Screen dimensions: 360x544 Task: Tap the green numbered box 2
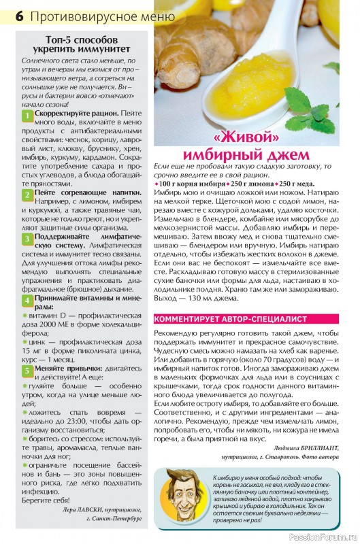pyautogui.click(x=27, y=194)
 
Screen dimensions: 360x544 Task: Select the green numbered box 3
pyautogui.click(x=27, y=239)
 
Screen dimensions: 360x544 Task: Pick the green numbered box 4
pyautogui.click(x=27, y=300)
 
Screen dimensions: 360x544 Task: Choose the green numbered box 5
pyautogui.click(x=27, y=370)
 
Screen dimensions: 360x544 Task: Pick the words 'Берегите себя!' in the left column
pyautogui.click(x=46, y=500)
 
